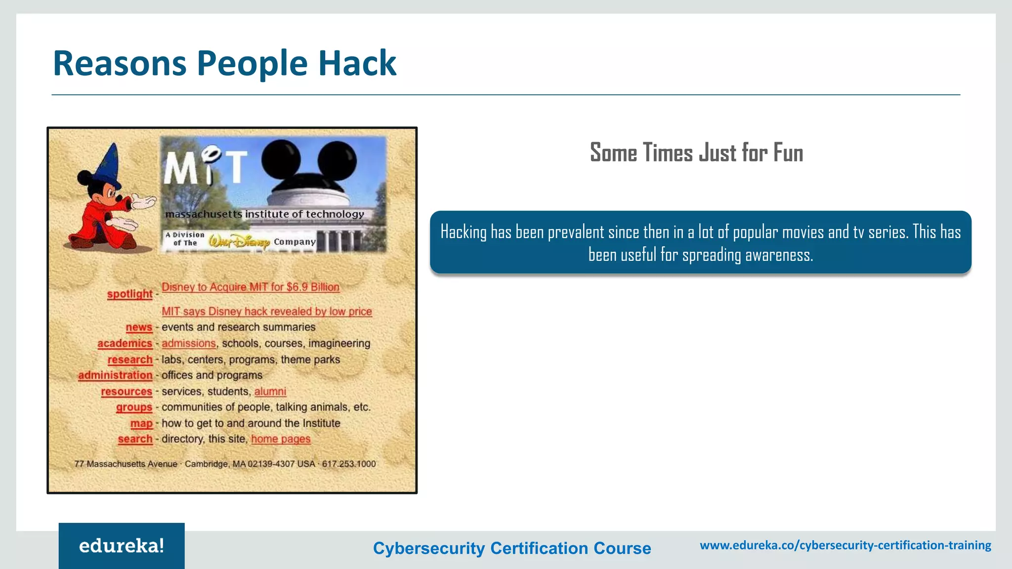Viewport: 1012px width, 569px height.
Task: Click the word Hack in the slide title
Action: [x=357, y=63]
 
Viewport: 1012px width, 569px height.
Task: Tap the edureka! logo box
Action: [x=122, y=546]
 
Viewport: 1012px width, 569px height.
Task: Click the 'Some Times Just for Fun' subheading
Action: [x=696, y=153]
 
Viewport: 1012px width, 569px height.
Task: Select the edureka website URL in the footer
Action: [x=845, y=545]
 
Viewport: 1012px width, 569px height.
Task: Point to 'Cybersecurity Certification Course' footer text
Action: [x=512, y=548]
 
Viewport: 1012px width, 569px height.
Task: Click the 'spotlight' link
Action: [x=129, y=294]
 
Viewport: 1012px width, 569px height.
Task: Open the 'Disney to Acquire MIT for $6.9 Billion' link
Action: [x=251, y=287]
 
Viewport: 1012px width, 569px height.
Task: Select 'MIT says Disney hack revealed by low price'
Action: [x=267, y=312]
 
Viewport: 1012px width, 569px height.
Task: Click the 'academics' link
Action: [x=125, y=343]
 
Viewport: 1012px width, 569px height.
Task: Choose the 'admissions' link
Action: [x=189, y=343]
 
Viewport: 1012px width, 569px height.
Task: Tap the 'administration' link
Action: [x=115, y=375]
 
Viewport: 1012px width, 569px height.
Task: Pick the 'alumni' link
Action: [x=270, y=392]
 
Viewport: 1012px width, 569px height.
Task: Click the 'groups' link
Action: [x=134, y=407]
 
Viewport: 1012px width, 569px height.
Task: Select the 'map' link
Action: [x=141, y=423]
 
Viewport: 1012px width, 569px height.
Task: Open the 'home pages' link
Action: [x=281, y=439]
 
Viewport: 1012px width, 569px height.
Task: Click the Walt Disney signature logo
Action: [x=239, y=242]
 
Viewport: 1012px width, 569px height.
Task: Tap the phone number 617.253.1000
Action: [x=349, y=464]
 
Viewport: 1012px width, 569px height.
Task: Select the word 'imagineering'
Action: [x=339, y=343]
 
